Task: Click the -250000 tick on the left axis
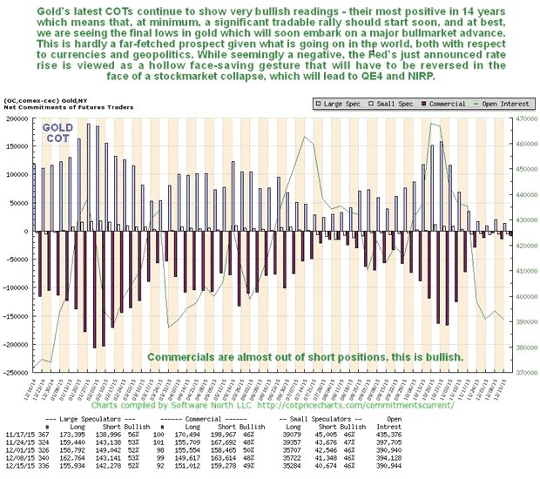[x=15, y=373]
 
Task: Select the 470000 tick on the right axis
[x=523, y=118]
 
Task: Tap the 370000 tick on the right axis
[x=523, y=373]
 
